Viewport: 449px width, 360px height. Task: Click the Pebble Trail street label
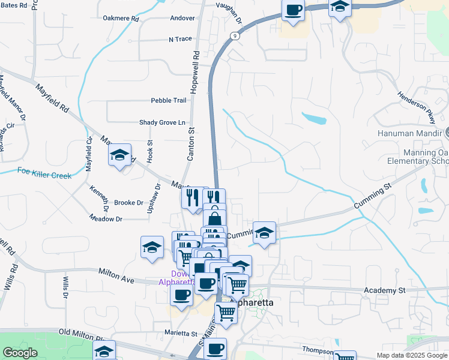(x=169, y=101)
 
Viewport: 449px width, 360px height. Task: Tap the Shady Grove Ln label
(x=162, y=122)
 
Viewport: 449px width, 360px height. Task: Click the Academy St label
(x=385, y=290)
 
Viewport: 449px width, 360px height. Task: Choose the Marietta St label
(x=181, y=333)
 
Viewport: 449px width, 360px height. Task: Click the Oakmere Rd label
(x=121, y=19)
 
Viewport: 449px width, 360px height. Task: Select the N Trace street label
(x=180, y=39)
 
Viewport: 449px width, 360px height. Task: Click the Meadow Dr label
(x=106, y=219)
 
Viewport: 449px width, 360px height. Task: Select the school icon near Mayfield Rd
(x=120, y=155)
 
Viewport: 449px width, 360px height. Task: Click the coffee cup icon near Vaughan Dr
(x=293, y=10)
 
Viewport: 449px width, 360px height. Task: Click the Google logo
(x=20, y=353)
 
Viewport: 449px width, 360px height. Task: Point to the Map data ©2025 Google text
(x=411, y=355)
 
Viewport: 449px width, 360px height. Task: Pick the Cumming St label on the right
(x=372, y=197)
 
